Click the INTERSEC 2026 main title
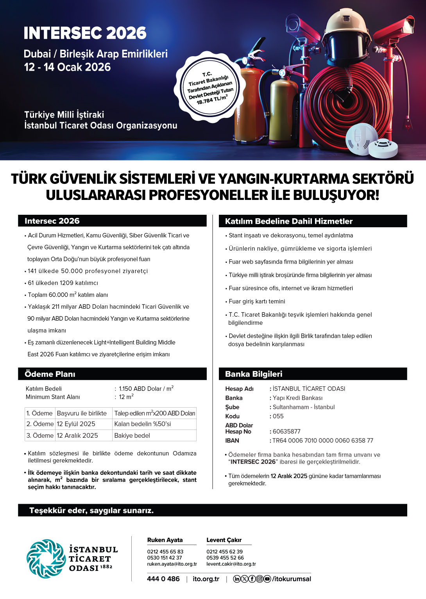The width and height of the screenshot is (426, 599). (85, 33)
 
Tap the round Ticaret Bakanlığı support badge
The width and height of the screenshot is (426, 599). (210, 88)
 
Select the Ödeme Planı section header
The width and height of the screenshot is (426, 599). (50, 374)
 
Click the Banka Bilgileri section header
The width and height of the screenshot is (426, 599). (254, 374)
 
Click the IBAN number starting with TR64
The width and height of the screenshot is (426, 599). (323, 441)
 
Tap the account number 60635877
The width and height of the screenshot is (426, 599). (286, 431)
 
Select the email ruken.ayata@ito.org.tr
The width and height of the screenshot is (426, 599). (172, 564)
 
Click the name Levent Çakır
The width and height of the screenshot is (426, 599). (224, 540)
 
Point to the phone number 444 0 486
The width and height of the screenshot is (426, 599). (163, 579)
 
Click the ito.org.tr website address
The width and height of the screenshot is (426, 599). (206, 579)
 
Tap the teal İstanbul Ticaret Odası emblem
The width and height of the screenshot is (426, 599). (46, 559)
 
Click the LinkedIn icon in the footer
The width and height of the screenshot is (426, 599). (237, 579)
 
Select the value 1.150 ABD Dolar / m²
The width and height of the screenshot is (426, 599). (146, 389)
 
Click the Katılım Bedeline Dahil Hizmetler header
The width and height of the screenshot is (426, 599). (289, 221)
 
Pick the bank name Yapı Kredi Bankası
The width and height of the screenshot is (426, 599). (298, 398)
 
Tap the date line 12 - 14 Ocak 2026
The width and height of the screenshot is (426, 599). (67, 67)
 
